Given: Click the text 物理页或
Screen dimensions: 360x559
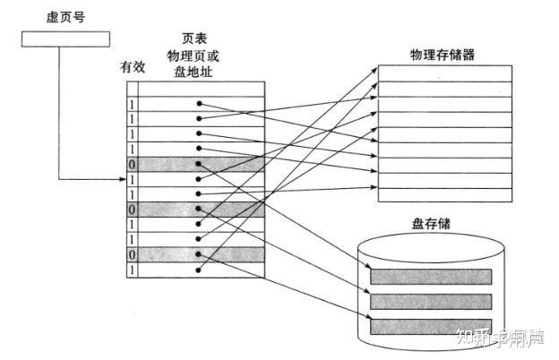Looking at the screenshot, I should pyautogui.click(x=196, y=56).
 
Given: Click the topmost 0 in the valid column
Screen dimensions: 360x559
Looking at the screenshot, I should pyautogui.click(x=133, y=165).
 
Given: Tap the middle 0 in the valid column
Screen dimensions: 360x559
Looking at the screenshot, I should pyautogui.click(x=133, y=209).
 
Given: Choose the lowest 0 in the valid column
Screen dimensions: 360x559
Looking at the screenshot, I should pyautogui.click(x=133, y=254).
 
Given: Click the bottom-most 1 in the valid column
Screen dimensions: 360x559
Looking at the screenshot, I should pyautogui.click(x=133, y=270).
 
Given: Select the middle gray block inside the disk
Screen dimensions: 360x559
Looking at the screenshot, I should pyautogui.click(x=432, y=301).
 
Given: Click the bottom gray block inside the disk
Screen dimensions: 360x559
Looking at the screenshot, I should pyautogui.click(x=432, y=325).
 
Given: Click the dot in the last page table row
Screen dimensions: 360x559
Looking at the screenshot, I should pyautogui.click(x=199, y=269).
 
